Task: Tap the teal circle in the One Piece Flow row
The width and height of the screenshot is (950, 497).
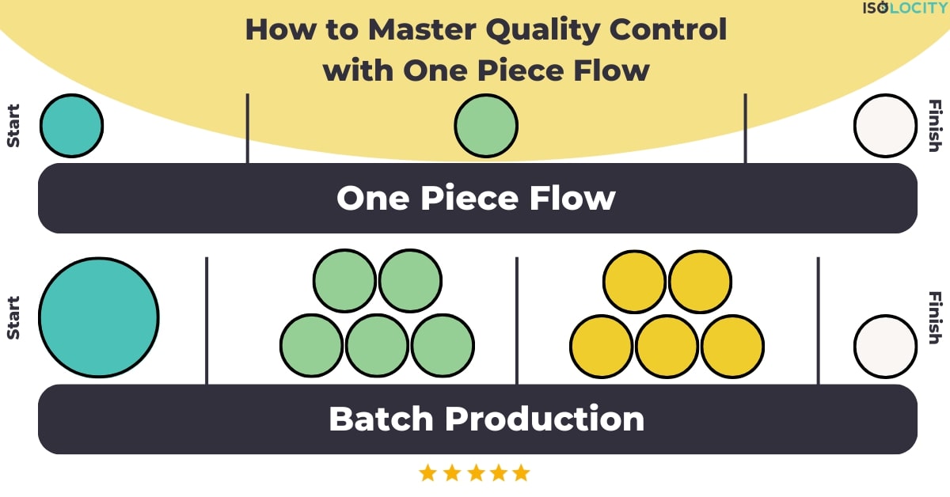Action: (x=71, y=126)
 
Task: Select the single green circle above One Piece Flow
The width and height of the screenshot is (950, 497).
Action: (x=486, y=126)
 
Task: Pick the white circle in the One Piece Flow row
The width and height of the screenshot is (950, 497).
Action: (x=885, y=126)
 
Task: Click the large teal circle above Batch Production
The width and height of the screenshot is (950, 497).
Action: (x=98, y=317)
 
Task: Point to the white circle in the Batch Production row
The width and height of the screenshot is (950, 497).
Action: (x=885, y=347)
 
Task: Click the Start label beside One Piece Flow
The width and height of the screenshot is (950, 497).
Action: (x=13, y=126)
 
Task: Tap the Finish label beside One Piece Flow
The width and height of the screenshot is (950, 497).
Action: (x=935, y=126)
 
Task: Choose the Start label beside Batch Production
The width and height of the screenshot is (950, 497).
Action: (x=13, y=318)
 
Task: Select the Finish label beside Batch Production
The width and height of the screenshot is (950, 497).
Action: (x=935, y=318)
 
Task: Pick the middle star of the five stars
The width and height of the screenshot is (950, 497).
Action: (x=475, y=473)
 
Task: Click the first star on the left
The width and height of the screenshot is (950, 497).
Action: (x=428, y=473)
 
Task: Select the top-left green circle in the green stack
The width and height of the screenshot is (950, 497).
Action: (x=344, y=280)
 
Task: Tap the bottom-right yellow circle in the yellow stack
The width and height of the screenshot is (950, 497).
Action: (x=732, y=347)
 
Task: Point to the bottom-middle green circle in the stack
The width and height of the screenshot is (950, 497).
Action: (x=377, y=347)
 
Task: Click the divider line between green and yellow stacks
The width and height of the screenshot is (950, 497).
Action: (x=517, y=320)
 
